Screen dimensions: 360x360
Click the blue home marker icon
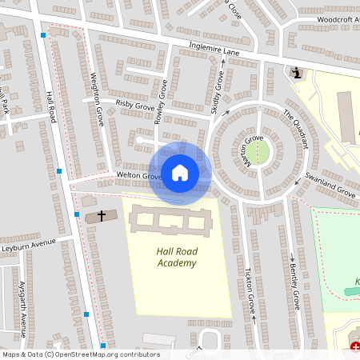click(x=179, y=172)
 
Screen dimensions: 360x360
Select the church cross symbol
click(x=102, y=215)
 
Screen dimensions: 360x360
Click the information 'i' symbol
click(x=297, y=74)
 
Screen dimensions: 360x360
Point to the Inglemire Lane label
click(x=214, y=50)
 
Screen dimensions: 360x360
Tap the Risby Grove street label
click(x=134, y=103)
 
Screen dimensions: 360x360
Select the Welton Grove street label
click(x=139, y=175)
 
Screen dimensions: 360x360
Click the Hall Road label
click(x=50, y=107)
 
